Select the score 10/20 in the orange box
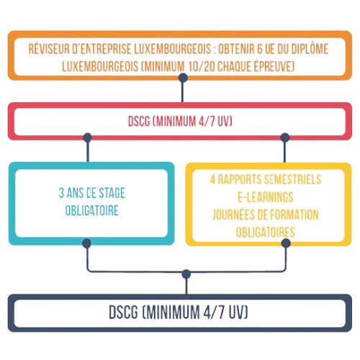(202, 66)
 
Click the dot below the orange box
(183, 78)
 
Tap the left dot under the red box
(88, 138)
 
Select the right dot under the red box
(285, 138)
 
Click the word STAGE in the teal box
(112, 193)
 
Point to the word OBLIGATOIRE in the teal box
(92, 210)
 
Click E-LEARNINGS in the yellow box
(266, 197)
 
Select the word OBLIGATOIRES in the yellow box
(266, 233)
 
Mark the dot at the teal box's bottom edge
(86, 243)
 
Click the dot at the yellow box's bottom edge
(286, 243)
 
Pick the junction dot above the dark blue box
(186, 274)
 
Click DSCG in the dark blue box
(124, 312)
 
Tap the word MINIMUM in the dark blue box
(173, 312)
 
